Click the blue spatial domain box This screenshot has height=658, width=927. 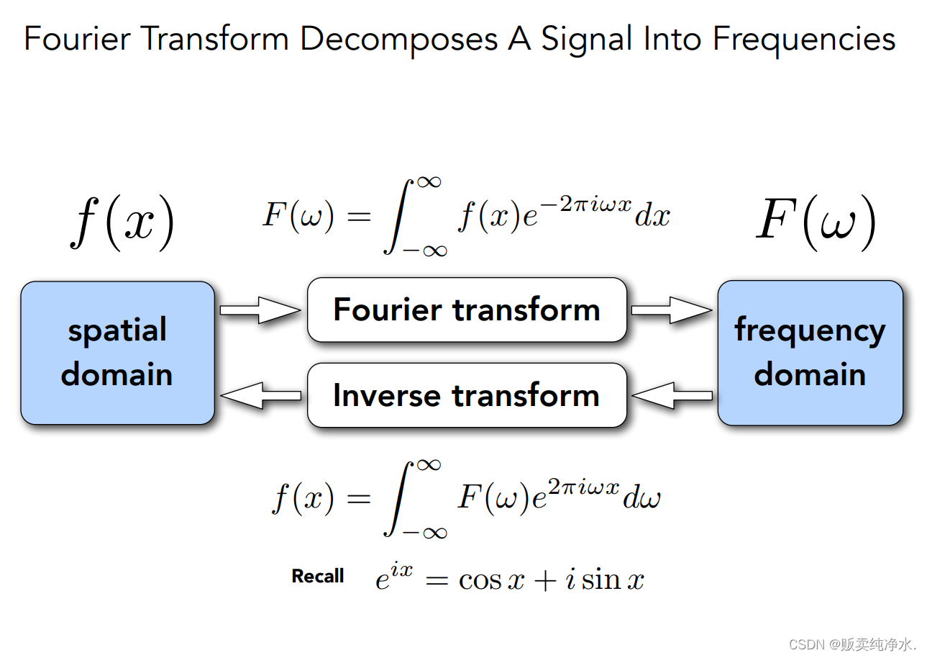[x=117, y=352]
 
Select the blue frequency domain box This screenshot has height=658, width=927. [x=810, y=352]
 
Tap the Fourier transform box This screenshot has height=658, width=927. [x=467, y=310]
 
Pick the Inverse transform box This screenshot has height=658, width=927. [x=467, y=395]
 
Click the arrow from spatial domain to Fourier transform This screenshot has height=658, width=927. [x=260, y=310]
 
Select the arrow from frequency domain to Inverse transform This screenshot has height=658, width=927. [x=672, y=395]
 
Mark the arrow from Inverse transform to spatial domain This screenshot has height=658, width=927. [x=260, y=395]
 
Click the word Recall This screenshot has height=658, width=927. [x=318, y=576]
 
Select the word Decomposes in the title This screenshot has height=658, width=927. [x=398, y=39]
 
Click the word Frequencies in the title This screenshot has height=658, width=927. [x=804, y=39]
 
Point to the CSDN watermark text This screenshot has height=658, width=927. [x=852, y=644]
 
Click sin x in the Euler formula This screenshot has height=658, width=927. [x=613, y=579]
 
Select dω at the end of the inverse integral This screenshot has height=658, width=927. [x=641, y=498]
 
